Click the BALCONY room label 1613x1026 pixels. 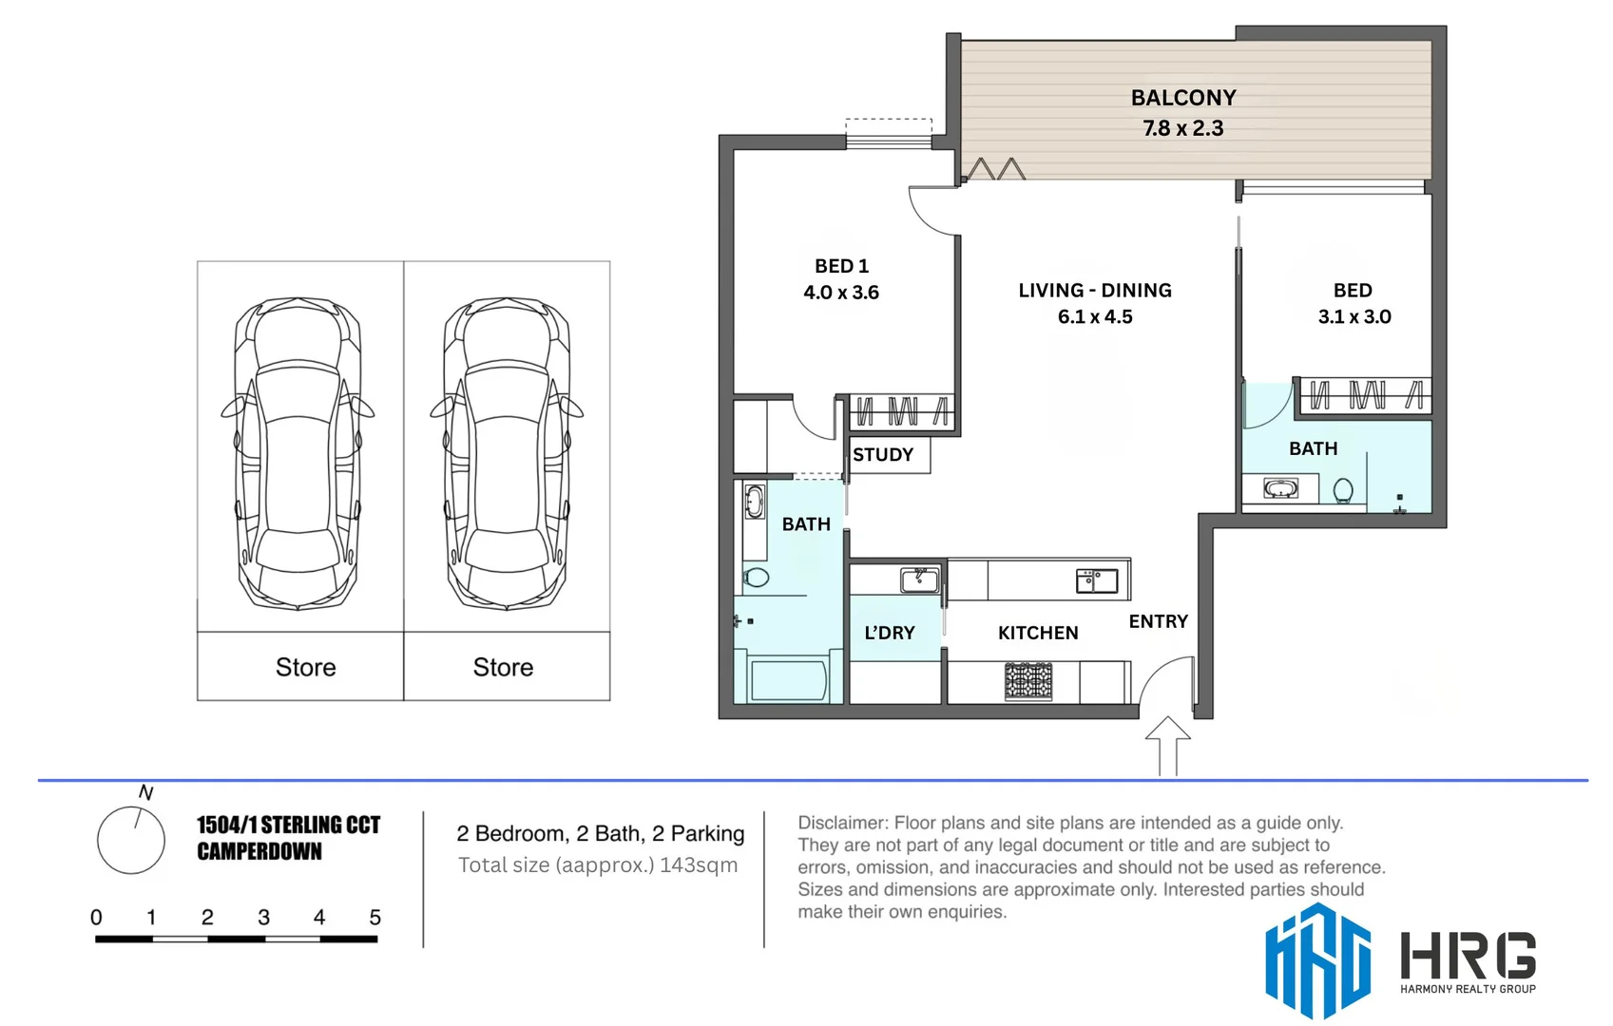(x=1182, y=98)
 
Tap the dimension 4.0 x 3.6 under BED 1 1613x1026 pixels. (x=841, y=293)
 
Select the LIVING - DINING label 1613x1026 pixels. (x=1094, y=291)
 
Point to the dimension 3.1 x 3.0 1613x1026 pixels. (x=1354, y=317)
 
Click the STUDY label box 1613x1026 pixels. (x=884, y=455)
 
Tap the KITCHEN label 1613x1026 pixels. (x=1037, y=633)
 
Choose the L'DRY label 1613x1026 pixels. (x=889, y=633)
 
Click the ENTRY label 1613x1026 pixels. (x=1158, y=621)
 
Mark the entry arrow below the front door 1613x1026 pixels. (x=1167, y=746)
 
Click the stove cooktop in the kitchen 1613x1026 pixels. (x=1028, y=681)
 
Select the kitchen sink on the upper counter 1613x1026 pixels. (x=1096, y=579)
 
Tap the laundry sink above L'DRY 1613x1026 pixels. (x=919, y=579)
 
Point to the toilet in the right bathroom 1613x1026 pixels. (x=1342, y=490)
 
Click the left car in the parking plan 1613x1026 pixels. (x=298, y=453)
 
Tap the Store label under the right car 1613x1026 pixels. (x=503, y=668)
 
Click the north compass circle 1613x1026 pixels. (x=131, y=840)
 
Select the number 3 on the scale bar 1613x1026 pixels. (x=263, y=918)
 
